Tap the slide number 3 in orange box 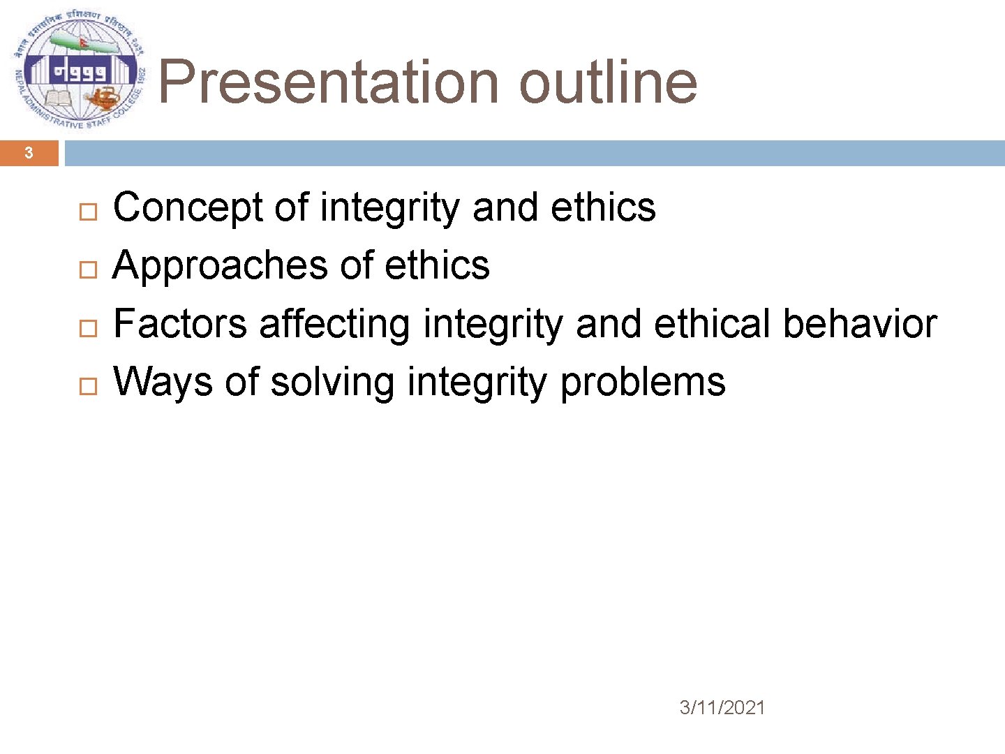point(29,153)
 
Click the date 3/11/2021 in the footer point(722,708)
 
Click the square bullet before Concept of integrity point(88,212)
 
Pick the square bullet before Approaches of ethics point(88,269)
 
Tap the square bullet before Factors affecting point(88,327)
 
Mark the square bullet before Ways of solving point(88,385)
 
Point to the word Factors point(180,324)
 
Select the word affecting point(334,324)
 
